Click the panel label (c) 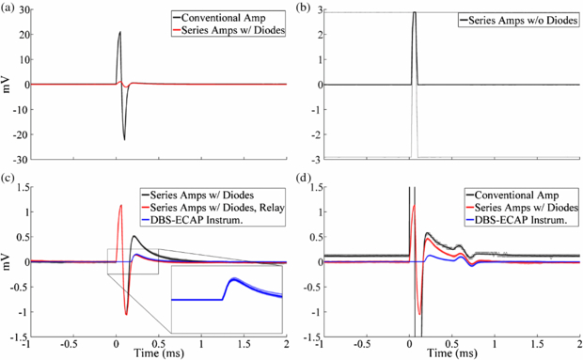pyautogui.click(x=9, y=180)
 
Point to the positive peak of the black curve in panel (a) pyautogui.click(x=120, y=32)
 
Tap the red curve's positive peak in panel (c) pyautogui.click(x=120, y=205)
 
